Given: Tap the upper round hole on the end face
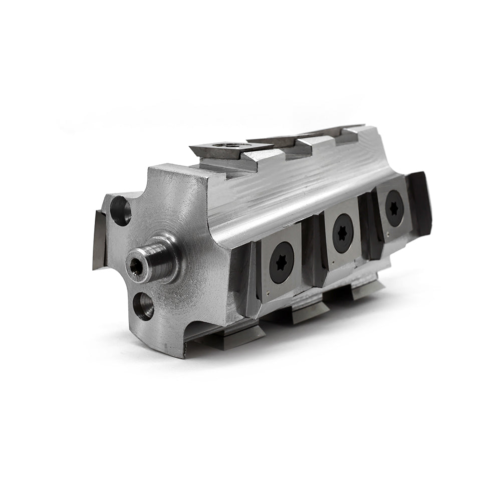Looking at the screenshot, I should point(120,210).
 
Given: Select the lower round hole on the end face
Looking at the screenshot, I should point(144,306).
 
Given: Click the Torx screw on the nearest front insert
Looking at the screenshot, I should point(281,263).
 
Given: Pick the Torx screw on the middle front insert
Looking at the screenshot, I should point(343,233).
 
